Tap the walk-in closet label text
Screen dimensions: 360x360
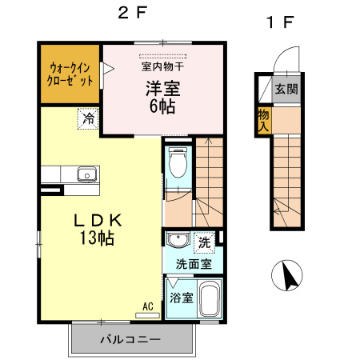(71, 74)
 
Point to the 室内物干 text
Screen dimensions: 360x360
(162, 66)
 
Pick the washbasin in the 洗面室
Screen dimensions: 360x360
(178, 240)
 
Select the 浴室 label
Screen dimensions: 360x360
(182, 298)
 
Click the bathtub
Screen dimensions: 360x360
(210, 302)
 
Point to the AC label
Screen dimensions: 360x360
(148, 305)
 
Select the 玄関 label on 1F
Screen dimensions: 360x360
(286, 89)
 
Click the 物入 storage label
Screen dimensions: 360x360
(264, 120)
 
